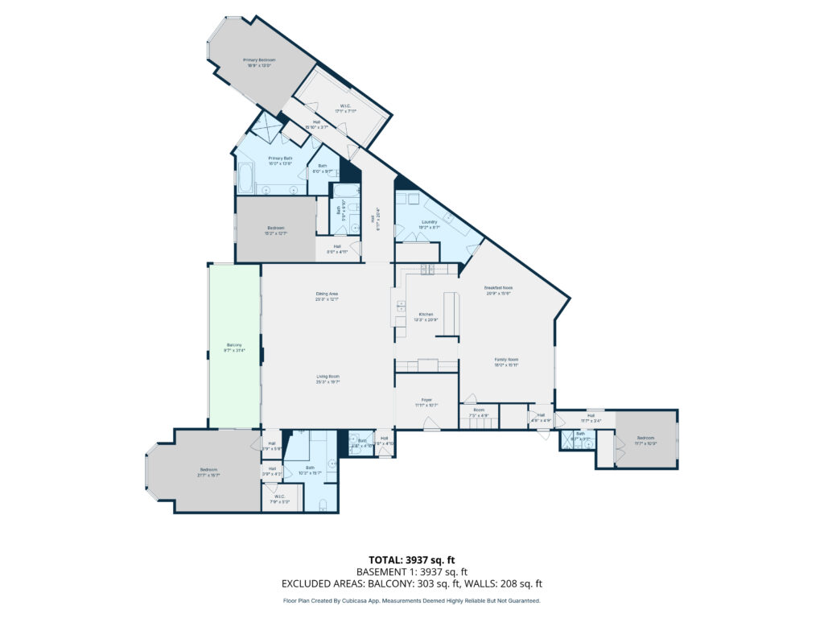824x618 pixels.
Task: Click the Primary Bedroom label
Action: (x=260, y=62)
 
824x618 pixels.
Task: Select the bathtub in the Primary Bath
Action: (x=245, y=178)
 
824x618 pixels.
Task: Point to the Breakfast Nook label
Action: (x=498, y=290)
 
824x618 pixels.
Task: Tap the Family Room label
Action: (x=506, y=362)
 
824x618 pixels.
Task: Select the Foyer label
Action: (x=426, y=402)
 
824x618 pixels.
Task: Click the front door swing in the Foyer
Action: (x=432, y=426)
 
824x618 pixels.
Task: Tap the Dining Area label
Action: (x=327, y=295)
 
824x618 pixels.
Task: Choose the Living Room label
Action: (x=327, y=379)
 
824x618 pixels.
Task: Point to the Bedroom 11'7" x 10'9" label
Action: (x=646, y=439)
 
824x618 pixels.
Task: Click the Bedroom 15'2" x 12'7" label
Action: (x=275, y=231)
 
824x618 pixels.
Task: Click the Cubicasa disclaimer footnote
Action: (x=411, y=600)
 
